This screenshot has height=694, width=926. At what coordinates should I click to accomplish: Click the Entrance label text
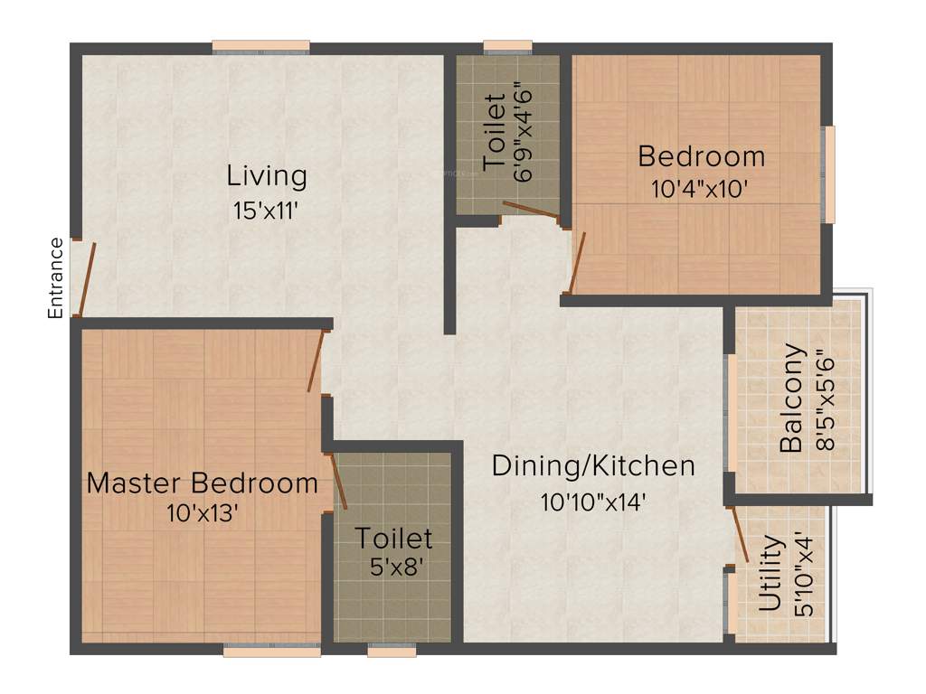pos(56,277)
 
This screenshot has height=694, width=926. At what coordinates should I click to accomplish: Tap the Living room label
pos(267,175)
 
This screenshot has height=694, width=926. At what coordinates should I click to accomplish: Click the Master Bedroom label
pos(203,483)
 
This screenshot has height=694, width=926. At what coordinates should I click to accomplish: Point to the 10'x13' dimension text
pos(203,514)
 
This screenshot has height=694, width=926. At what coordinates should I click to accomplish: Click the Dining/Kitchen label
pos(593,466)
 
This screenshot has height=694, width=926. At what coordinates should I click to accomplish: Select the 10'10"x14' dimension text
pos(593,502)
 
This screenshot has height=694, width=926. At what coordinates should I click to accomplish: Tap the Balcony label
pos(791,398)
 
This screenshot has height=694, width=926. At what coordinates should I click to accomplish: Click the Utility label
pos(770,574)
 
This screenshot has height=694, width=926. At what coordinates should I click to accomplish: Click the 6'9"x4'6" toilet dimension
pos(524,133)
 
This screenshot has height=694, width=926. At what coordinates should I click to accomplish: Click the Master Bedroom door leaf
pos(315,361)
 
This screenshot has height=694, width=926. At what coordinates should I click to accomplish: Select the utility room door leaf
pos(739,534)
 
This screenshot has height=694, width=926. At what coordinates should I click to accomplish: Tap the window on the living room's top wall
pos(261,47)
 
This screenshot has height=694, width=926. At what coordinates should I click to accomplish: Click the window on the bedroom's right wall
pos(828,174)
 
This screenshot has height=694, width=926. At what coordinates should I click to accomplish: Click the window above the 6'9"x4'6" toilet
pos(507,47)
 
